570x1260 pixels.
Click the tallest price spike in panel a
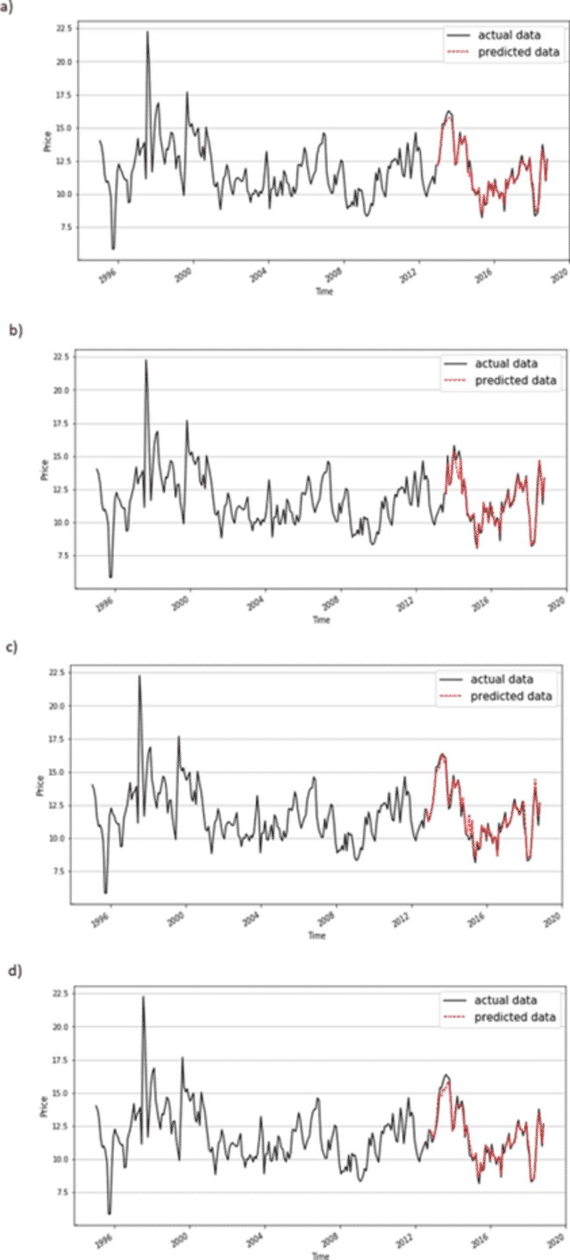click(147, 32)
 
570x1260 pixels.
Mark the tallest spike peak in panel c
click(139, 675)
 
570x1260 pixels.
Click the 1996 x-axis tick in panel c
click(101, 917)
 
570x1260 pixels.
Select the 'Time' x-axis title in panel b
click(321, 620)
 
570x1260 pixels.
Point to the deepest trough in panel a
click(113, 249)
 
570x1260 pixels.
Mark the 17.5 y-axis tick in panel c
click(58, 740)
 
